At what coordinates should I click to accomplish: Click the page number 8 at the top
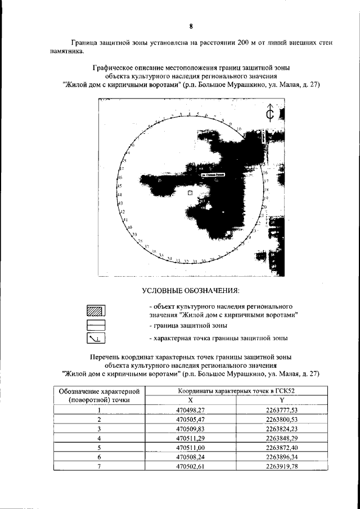point(191,26)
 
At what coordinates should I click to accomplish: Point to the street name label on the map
point(213,175)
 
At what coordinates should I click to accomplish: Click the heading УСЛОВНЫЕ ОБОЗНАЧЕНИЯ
point(191,291)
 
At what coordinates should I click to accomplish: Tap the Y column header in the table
point(282,399)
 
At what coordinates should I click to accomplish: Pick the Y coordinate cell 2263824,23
point(282,429)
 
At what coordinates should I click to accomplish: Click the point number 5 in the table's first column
point(99,448)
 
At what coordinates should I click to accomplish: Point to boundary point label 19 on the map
point(267,199)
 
